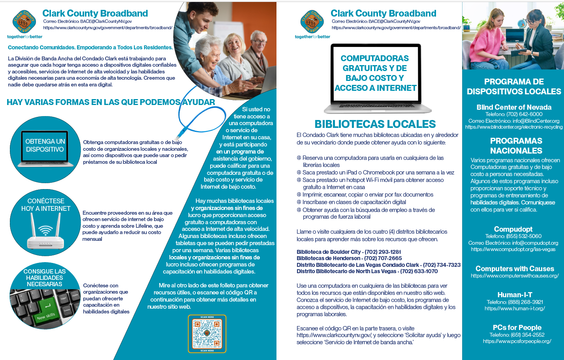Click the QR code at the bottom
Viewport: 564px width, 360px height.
(207, 334)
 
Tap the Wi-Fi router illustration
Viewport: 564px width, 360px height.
(46, 235)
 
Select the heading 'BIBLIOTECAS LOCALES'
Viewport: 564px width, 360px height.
(375, 124)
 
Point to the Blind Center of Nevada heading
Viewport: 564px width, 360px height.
(514, 107)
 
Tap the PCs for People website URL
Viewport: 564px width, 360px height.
(517, 341)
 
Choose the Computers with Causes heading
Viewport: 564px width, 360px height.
(515, 268)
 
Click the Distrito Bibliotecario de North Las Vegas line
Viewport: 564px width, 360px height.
(367, 271)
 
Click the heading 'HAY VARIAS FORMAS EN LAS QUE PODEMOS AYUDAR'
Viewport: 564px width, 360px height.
(111, 102)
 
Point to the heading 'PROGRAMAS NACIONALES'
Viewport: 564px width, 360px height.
(516, 146)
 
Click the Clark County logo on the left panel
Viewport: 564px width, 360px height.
(24, 22)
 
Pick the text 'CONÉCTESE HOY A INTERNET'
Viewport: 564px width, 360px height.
(46, 205)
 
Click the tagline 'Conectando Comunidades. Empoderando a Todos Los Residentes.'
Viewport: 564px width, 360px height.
(90, 48)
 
